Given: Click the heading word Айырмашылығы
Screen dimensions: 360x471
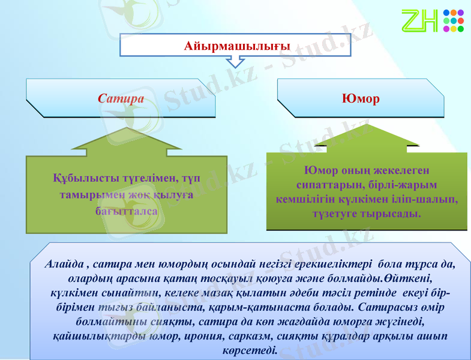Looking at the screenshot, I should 236,46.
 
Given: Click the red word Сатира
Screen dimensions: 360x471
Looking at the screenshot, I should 121,98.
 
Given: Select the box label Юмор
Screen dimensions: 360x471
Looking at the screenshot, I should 360,98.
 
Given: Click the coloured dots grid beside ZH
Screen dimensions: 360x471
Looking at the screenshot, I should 453,20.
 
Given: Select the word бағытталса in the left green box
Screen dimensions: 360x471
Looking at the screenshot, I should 127,211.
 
